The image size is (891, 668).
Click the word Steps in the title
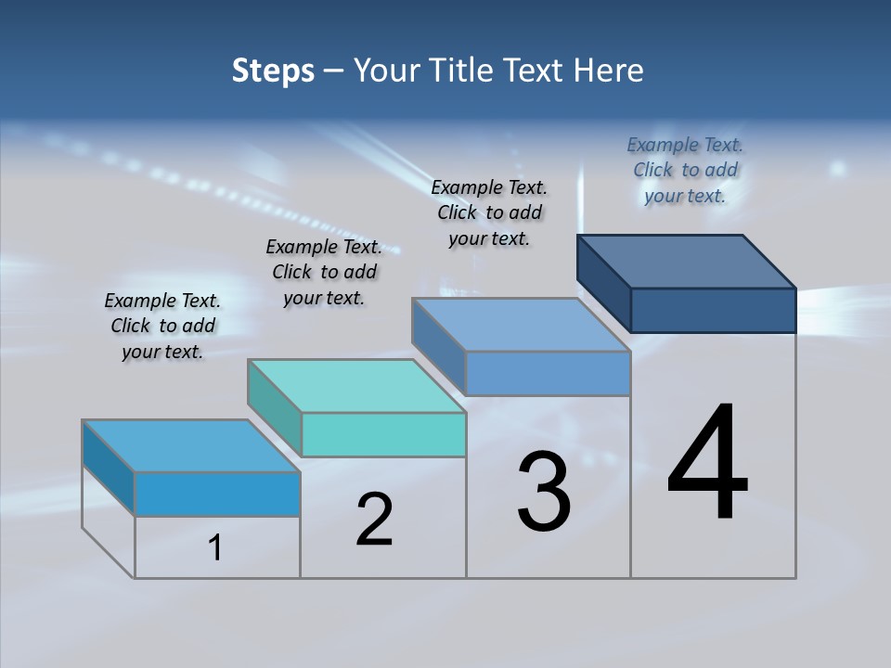pyautogui.click(x=273, y=71)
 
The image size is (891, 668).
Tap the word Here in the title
pyautogui.click(x=608, y=71)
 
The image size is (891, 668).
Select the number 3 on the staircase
pyautogui.click(x=544, y=491)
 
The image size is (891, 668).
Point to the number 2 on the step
pyautogui.click(x=374, y=519)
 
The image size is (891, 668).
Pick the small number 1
pyautogui.click(x=215, y=548)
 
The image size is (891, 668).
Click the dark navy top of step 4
pyautogui.click(x=687, y=261)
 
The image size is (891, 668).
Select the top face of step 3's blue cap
pyautogui.click(x=522, y=325)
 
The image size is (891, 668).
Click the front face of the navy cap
pyautogui.click(x=713, y=310)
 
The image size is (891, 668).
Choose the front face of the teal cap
pyautogui.click(x=383, y=434)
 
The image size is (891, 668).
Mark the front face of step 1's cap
pyautogui.click(x=217, y=494)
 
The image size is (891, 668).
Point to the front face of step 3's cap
pyautogui.click(x=548, y=373)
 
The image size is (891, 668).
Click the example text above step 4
pyautogui.click(x=685, y=170)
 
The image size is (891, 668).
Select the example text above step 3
pyautogui.click(x=489, y=212)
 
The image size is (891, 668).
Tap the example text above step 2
pyautogui.click(x=324, y=272)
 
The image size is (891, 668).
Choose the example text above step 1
pyautogui.click(x=162, y=326)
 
